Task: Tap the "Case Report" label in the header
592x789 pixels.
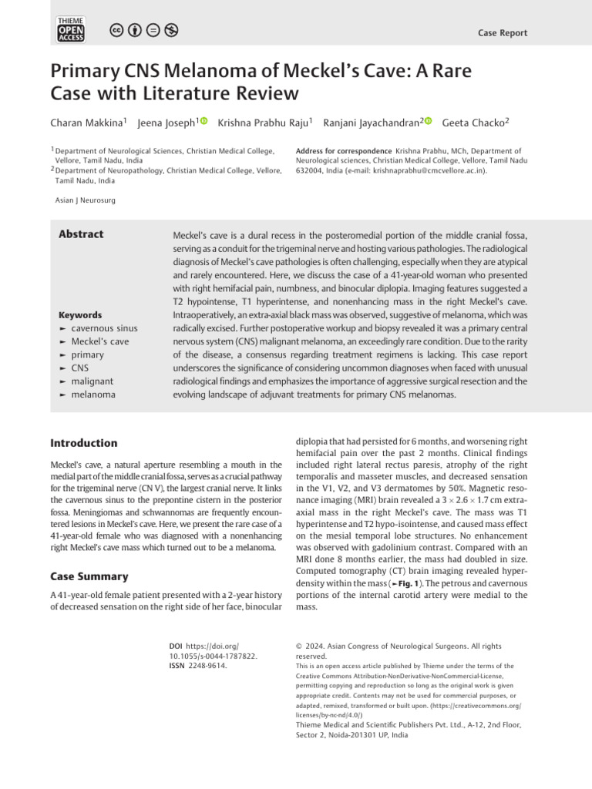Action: click(x=503, y=32)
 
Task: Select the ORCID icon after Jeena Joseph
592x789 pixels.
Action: click(x=203, y=121)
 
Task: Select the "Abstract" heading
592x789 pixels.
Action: click(x=81, y=234)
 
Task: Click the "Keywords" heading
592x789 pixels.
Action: click(x=80, y=315)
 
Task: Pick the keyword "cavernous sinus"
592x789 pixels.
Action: click(x=104, y=328)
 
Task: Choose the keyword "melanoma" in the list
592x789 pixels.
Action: click(x=93, y=394)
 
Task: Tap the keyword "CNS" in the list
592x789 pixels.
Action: click(x=79, y=368)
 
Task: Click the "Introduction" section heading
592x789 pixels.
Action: click(x=84, y=443)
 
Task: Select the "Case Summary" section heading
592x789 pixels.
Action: click(x=89, y=576)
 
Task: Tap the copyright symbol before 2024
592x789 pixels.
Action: click(x=300, y=646)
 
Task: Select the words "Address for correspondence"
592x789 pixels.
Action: click(x=343, y=151)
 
